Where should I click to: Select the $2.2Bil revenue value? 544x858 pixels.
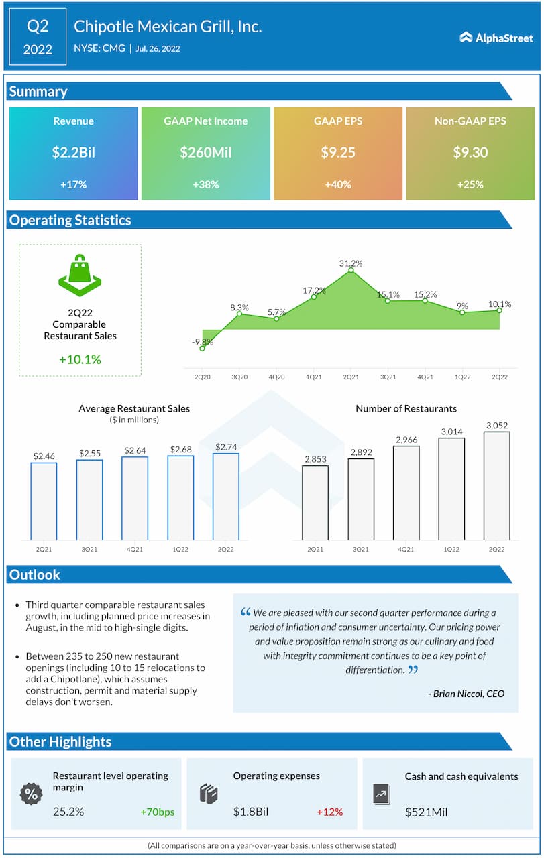74,152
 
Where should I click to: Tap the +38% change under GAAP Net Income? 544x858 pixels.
206,184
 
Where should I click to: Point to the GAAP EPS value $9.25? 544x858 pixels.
338,152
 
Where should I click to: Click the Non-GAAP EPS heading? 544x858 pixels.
470,121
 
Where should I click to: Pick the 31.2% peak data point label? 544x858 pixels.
350,263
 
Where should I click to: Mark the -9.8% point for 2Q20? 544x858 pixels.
202,341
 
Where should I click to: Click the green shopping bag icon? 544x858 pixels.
80,275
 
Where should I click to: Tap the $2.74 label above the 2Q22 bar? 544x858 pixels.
226,447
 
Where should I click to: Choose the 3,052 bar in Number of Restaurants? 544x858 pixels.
496,485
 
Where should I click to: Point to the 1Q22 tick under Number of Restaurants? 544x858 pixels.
451,549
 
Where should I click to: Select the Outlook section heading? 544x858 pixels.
35,574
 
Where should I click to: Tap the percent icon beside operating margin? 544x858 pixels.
31,794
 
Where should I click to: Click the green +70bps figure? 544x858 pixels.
157,812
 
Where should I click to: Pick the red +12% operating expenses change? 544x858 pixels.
329,812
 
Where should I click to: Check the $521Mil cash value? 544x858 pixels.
427,812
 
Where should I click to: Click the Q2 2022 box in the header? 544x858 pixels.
38,38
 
